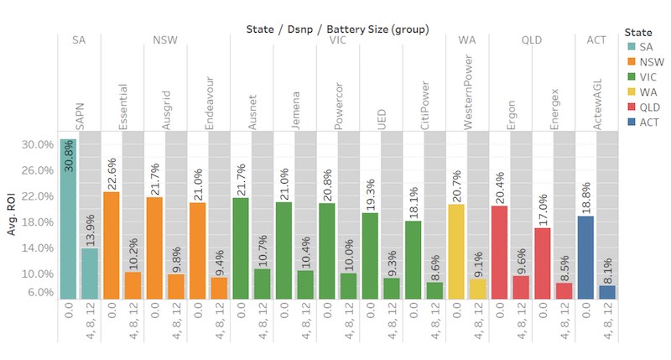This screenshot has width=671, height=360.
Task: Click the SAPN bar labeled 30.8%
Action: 68,218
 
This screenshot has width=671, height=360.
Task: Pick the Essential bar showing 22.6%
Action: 111,245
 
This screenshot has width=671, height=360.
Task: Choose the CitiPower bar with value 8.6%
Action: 434,290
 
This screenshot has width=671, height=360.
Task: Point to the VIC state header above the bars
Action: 338,40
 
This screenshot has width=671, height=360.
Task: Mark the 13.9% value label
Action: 90,229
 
